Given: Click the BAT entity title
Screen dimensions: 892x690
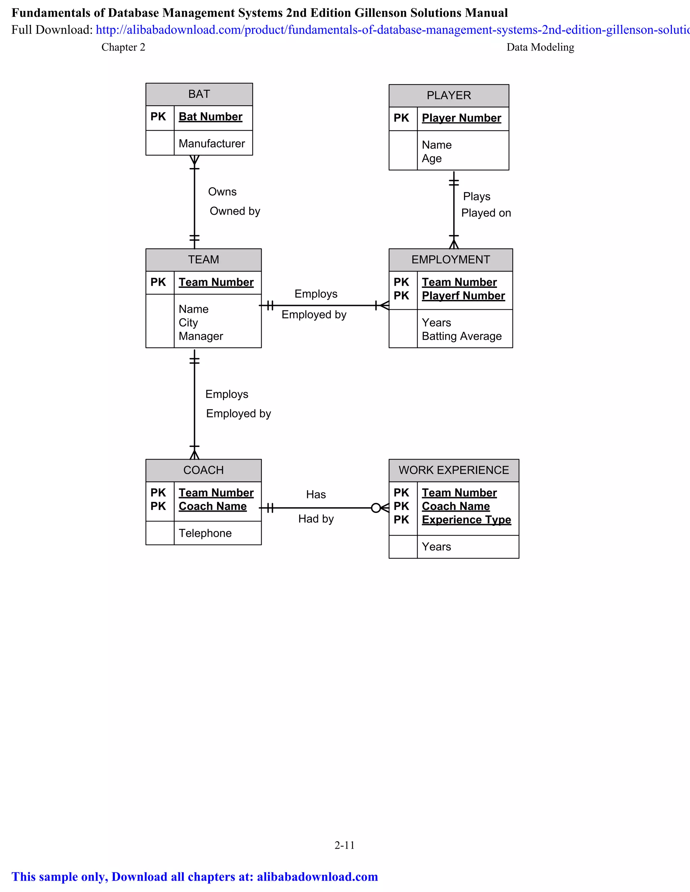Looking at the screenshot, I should (199, 94).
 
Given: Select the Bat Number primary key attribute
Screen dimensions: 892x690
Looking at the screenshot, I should (211, 117).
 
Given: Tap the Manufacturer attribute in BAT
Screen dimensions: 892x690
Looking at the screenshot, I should (212, 144).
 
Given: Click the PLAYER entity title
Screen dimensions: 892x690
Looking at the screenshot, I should (448, 96).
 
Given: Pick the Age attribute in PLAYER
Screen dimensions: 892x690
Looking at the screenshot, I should (432, 159).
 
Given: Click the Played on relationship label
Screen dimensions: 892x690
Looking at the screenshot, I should (486, 213).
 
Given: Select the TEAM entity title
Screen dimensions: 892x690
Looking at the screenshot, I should (203, 260).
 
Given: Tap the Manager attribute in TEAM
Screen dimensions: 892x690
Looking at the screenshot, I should (201, 336).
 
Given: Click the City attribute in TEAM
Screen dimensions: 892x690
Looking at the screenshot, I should (188, 323).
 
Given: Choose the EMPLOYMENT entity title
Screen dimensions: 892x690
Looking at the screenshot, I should (450, 260).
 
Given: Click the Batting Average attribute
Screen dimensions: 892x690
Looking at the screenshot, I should (462, 336).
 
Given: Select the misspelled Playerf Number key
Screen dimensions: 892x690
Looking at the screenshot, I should (463, 296).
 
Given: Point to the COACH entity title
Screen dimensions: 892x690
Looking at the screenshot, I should (203, 470).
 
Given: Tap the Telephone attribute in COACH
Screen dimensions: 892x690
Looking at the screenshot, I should (205, 534).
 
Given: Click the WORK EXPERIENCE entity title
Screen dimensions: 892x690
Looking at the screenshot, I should (454, 470).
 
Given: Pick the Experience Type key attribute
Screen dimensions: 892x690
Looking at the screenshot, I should (466, 520).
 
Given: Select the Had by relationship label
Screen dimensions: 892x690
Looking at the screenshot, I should (316, 519).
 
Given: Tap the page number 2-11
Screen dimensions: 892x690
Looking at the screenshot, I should (345, 846).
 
